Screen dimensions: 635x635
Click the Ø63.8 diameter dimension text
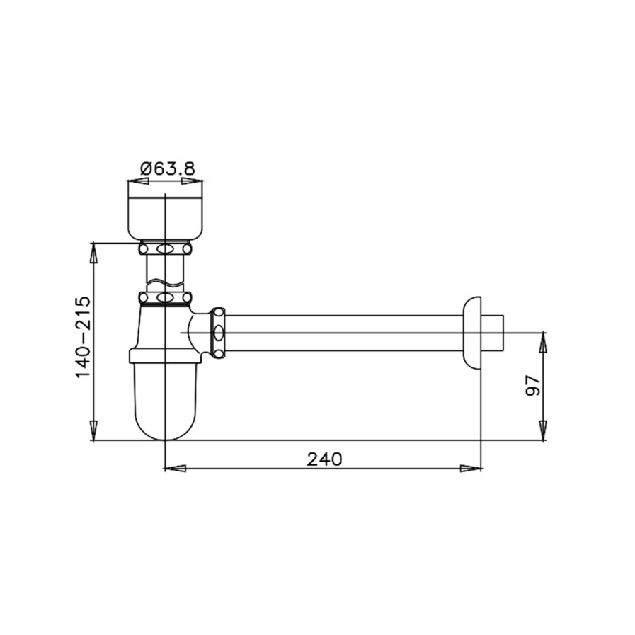(167, 168)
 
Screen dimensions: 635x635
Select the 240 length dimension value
(324, 459)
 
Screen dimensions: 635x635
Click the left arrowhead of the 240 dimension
(176, 469)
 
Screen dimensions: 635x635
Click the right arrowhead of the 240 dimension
(471, 469)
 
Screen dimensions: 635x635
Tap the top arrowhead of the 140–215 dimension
(93, 253)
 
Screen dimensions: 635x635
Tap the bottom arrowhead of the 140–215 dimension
(93, 430)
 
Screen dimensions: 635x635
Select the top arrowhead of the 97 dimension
(543, 343)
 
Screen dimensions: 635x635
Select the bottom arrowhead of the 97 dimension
(543, 430)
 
